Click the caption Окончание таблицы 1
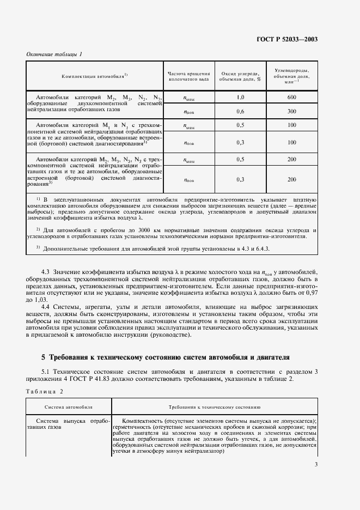click(x=54, y=54)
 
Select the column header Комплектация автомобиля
click(x=95, y=75)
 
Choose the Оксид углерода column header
click(x=240, y=75)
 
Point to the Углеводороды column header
click(x=291, y=75)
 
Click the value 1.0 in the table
click(x=240, y=97)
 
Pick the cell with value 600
click(x=291, y=97)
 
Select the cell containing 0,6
click(x=240, y=111)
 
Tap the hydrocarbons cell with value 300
click(x=291, y=111)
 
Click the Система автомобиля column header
click(x=69, y=406)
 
